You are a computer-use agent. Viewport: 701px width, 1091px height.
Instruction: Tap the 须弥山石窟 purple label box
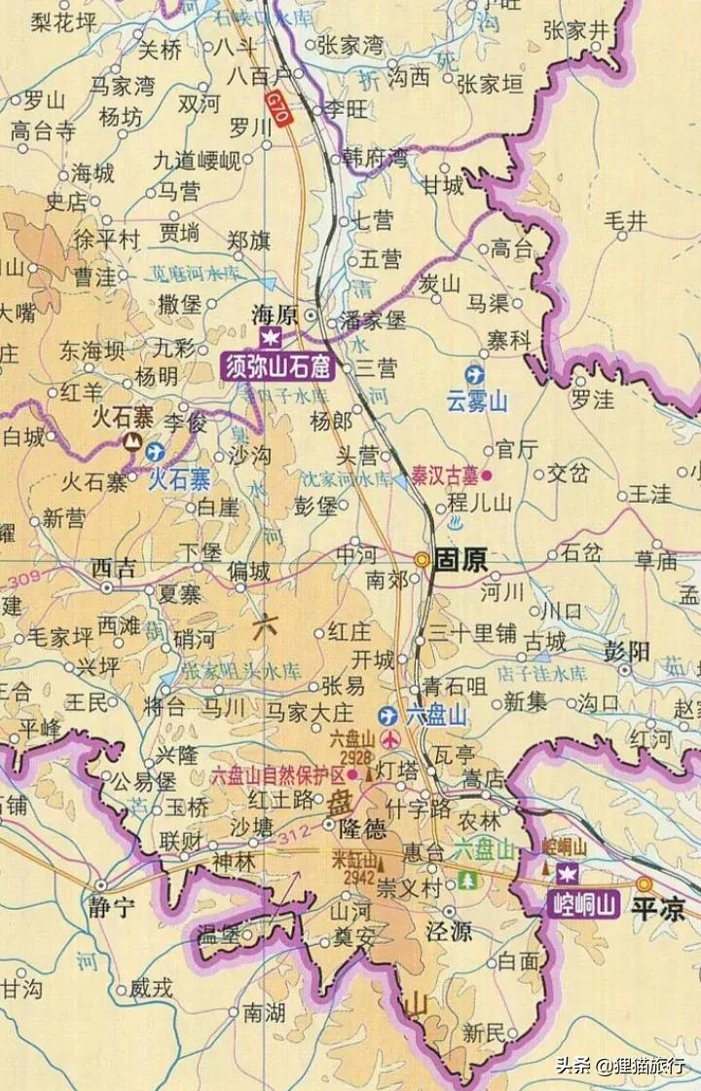(x=277, y=367)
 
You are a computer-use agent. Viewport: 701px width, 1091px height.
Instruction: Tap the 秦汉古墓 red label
(x=442, y=475)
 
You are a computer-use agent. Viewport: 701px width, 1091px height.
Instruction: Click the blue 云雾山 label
(x=478, y=401)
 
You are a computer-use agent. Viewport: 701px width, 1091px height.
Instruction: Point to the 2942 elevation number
(x=358, y=874)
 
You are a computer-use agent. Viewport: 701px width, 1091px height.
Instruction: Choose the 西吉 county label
(x=114, y=569)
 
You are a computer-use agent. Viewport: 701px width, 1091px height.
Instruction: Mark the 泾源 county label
(x=448, y=931)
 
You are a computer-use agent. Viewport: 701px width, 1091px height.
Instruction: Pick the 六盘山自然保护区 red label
(x=278, y=775)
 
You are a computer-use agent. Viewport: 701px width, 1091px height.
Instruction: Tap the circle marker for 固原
(x=422, y=560)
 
